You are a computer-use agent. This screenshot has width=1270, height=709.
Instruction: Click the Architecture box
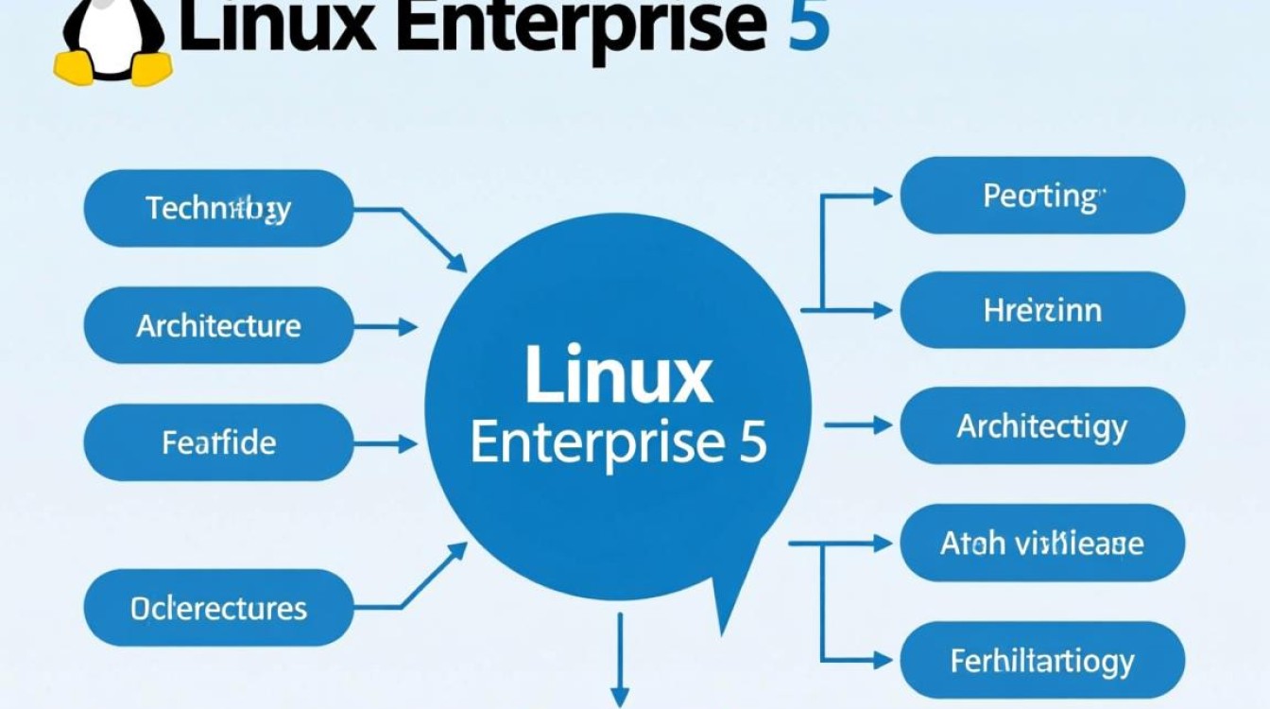point(218,326)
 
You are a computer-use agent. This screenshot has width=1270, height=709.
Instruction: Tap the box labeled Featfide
point(218,442)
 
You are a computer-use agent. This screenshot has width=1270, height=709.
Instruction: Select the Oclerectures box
point(218,608)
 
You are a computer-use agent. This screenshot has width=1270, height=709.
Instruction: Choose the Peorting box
point(1042,196)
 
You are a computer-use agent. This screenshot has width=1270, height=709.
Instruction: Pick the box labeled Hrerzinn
point(1042,310)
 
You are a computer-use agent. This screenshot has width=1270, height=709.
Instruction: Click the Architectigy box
point(1042,425)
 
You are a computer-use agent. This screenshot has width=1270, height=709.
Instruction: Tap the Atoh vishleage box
point(1042,543)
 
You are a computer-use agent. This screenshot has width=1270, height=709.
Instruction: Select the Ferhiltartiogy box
point(1042,660)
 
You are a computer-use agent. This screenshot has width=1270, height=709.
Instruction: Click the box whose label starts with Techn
point(218,208)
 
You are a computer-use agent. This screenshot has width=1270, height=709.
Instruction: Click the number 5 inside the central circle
point(751,441)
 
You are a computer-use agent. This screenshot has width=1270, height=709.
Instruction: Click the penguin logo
point(112,38)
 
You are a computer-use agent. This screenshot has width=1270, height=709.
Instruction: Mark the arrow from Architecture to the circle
point(387,327)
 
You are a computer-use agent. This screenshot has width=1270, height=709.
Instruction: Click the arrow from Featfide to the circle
point(387,443)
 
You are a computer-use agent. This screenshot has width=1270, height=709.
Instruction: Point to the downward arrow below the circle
point(620,662)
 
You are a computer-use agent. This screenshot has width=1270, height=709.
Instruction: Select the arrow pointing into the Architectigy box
point(860,426)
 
